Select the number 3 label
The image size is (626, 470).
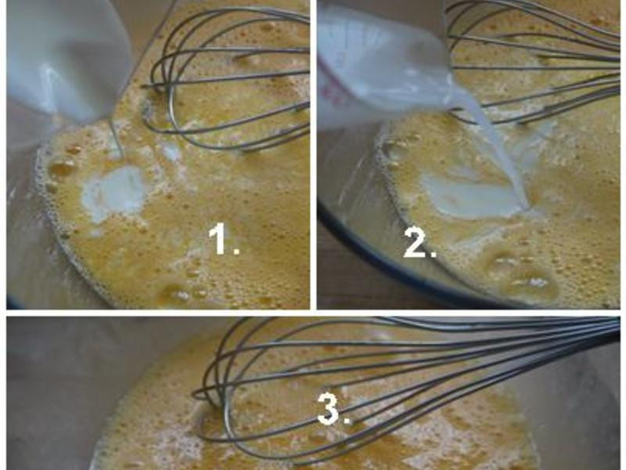[x=333, y=408]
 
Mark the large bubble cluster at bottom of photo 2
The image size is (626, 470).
[x=519, y=276]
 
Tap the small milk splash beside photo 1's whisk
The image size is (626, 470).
[x=171, y=152]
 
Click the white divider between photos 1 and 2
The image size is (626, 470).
[x=314, y=154]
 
